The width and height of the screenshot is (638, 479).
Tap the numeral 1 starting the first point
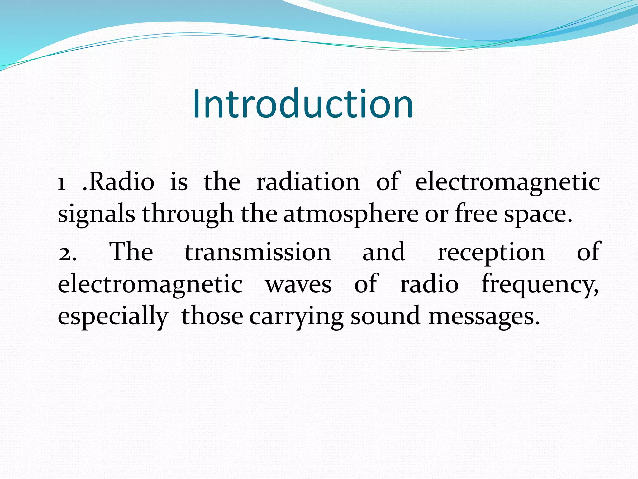pyautogui.click(x=62, y=183)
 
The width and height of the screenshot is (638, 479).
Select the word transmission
pyautogui.click(x=258, y=252)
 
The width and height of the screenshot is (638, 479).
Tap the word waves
pyautogui.click(x=298, y=285)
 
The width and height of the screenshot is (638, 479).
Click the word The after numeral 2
pyautogui.click(x=131, y=252)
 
